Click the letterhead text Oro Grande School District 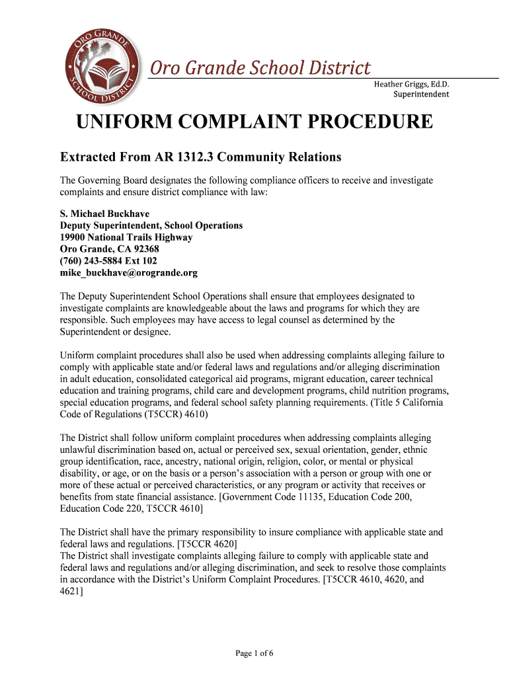pyautogui.click(x=260, y=67)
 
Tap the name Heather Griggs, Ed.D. pyautogui.click(x=411, y=84)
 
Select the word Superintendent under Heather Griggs pyautogui.click(x=421, y=95)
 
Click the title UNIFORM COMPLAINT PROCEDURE pyautogui.click(x=255, y=122)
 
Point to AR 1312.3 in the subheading pyautogui.click(x=186, y=157)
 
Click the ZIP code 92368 pyautogui.click(x=144, y=249)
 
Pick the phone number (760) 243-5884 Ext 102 pyautogui.click(x=113, y=261)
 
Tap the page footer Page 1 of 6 pyautogui.click(x=255, y=654)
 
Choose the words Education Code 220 pyautogui.click(x=102, y=508)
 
